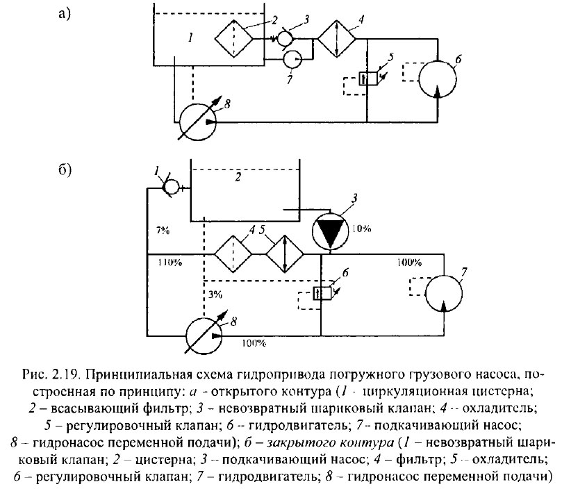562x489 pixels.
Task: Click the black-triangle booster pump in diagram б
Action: point(331,231)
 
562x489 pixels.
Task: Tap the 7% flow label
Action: point(163,229)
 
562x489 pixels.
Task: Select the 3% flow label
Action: point(215,295)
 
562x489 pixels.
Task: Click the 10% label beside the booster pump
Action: point(362,229)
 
